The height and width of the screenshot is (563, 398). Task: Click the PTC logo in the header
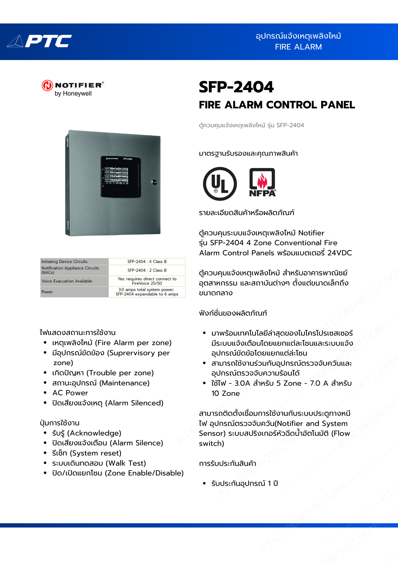[x=39, y=41]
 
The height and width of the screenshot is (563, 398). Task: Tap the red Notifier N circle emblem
[x=47, y=85]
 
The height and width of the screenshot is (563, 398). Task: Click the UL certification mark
[x=220, y=184]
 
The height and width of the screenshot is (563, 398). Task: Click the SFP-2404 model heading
[x=236, y=87]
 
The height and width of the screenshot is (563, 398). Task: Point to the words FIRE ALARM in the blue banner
[x=298, y=47]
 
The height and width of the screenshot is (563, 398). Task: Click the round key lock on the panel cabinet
[x=154, y=182]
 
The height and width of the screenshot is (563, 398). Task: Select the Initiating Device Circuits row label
[x=64, y=262]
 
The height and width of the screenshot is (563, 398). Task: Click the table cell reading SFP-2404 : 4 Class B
[x=147, y=262]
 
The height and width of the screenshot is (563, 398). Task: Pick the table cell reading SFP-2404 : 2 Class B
[x=147, y=270]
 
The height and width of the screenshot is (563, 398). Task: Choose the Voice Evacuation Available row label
[x=67, y=281]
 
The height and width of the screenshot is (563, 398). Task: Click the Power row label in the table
[x=47, y=292]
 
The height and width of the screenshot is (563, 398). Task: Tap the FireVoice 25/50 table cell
[x=147, y=281]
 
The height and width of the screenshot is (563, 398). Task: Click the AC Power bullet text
[x=70, y=393]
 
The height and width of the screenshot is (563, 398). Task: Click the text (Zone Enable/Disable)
[x=144, y=473]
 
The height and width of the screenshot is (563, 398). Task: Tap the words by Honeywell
[x=73, y=93]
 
